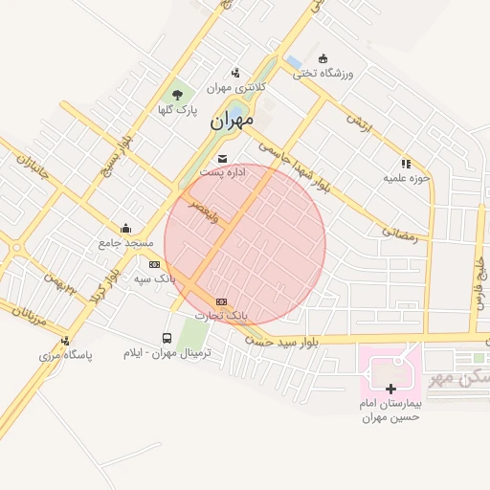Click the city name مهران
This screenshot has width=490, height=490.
230,120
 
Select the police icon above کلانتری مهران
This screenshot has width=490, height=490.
236,73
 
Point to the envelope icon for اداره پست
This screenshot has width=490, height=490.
223,158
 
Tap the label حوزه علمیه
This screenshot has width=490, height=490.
408,177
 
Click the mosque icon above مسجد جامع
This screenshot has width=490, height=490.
126,228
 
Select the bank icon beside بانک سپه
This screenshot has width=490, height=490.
155,264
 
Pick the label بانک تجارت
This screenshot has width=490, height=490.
221,314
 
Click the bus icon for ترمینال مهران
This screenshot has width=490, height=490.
168,339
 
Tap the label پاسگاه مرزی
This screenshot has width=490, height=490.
65,355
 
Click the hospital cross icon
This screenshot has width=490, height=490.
390,389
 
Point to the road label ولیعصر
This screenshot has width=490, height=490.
204,210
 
